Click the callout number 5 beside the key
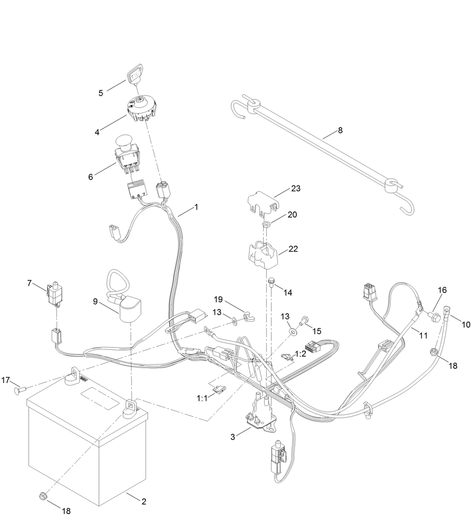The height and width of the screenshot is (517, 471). point(101,93)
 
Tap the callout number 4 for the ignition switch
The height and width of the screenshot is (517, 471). point(97,132)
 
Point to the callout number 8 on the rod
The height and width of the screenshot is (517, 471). point(340,130)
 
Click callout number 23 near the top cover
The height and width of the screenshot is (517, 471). point(296,188)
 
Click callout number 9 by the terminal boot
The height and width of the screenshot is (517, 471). point(95,301)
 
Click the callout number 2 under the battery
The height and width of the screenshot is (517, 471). point(144,501)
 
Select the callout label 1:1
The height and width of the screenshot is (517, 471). point(202,398)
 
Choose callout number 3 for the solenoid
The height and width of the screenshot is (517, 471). point(233,436)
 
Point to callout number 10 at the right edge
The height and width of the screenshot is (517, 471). point(466,324)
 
